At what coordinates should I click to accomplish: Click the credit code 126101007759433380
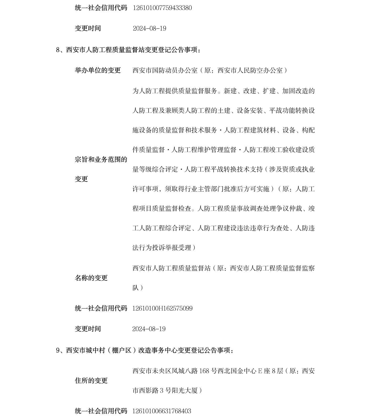pos(162,8)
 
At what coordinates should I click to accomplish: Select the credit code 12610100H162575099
pos(162,308)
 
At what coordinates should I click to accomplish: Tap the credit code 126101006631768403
pos(162,411)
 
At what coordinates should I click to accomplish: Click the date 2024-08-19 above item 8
pos(149,28)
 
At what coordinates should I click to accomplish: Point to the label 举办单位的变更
pos(98,70)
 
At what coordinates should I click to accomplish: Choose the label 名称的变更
pos(91,278)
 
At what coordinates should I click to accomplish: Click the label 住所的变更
pos(91,381)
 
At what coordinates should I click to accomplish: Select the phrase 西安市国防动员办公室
pos(165,70)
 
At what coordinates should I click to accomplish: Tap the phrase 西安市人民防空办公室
pos(250,70)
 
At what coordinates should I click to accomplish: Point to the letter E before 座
pos(260,371)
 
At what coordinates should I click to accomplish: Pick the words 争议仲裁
pos(289,209)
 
